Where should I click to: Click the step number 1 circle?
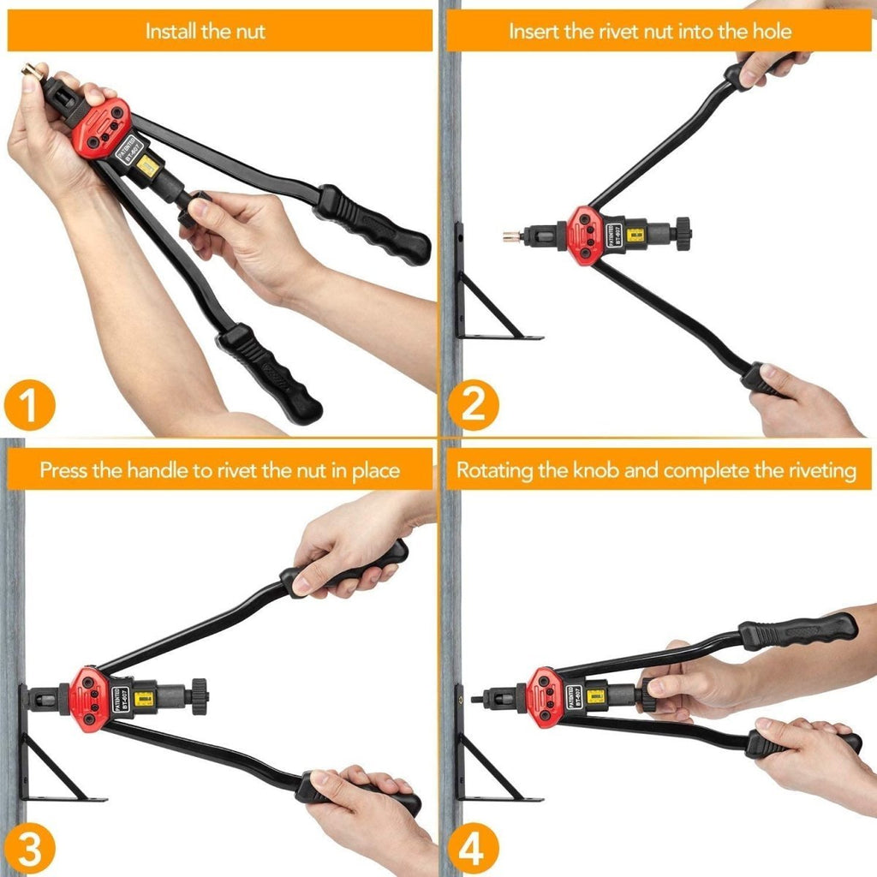30,407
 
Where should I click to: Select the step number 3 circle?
30,850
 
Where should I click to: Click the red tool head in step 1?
99,128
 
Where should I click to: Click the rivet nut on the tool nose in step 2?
512,233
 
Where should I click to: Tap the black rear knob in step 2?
683,233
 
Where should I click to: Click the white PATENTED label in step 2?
606,234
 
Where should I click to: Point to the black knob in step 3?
199,696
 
